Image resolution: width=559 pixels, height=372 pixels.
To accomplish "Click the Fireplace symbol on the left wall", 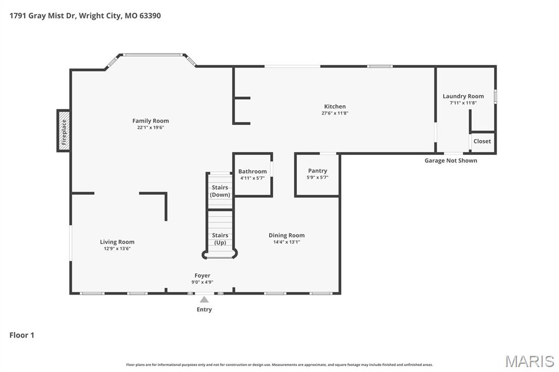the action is coord(63,131).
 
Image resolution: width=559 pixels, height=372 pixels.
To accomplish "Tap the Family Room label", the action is coord(151,121).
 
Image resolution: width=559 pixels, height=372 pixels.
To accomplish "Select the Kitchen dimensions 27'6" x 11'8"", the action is coord(335,113).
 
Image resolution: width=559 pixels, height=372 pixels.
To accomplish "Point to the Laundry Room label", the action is coord(463,96).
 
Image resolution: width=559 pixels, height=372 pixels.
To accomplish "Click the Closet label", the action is coord(482,141).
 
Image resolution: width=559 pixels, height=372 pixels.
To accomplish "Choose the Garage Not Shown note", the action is coord(450,161).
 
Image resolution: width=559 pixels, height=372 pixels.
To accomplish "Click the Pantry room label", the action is coord(317,171).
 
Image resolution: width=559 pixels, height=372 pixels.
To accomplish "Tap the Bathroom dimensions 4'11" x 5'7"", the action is coord(252,178).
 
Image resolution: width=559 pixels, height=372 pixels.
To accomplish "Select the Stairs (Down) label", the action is coord(220,191).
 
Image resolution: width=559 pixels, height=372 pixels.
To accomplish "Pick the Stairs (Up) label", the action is coord(220,239).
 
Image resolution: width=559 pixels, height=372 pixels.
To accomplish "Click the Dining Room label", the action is coord(287,235).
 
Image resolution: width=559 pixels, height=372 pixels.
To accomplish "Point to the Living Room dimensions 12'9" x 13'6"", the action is coord(117,249).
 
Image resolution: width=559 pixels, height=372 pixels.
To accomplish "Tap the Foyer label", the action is coord(202,275).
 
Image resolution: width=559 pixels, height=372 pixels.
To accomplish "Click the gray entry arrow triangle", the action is coord(204,299).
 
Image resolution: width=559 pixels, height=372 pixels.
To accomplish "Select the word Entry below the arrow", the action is coord(204,310).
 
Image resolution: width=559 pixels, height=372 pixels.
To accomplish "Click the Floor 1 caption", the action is coord(22,335).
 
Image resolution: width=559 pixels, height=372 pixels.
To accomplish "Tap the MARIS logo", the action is coord(530,361).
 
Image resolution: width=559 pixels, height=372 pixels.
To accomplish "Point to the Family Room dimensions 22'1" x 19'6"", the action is coord(151,128).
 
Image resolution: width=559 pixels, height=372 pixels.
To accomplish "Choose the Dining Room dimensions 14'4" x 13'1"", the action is coord(287,242).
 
